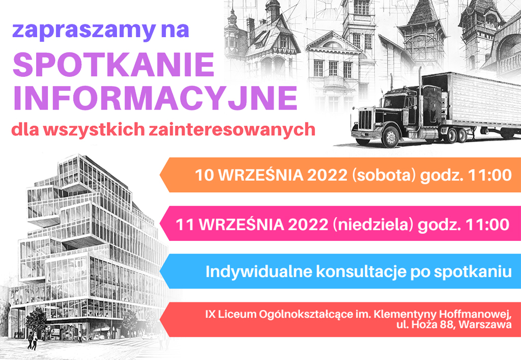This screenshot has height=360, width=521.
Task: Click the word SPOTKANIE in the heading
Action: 113,64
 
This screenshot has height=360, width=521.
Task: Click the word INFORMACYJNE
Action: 155,98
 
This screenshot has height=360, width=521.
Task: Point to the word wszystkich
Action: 94,129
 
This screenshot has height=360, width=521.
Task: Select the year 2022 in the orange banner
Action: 327,175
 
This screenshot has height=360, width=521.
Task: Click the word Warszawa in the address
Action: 485,324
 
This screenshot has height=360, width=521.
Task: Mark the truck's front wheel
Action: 391,137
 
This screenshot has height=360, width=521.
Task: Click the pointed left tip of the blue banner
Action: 160,271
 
